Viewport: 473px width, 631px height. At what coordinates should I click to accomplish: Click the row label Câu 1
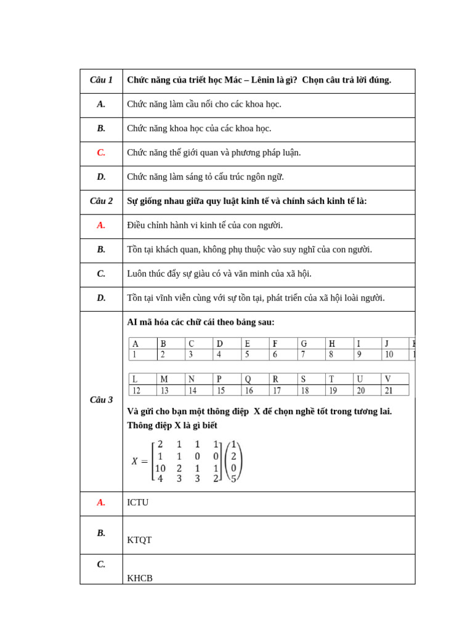coord(101,80)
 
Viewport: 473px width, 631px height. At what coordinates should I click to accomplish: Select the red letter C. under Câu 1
coord(101,153)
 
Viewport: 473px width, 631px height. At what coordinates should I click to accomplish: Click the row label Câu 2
coord(101,201)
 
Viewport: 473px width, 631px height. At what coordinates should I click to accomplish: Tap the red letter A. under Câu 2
coord(101,226)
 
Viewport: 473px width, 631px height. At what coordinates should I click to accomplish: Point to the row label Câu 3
coord(101,400)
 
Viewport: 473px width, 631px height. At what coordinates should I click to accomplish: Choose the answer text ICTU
coord(138,503)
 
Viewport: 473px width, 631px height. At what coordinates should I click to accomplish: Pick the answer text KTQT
coord(139,540)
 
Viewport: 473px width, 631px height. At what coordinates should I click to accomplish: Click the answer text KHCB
coord(140,579)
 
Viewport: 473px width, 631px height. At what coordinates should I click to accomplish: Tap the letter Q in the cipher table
coord(248,380)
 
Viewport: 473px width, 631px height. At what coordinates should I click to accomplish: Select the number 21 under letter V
coord(389,391)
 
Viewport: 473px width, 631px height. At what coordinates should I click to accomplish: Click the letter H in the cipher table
coord(331,344)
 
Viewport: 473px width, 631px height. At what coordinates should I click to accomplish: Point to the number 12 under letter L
coord(136,391)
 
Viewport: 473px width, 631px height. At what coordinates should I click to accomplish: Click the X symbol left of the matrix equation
coord(135,462)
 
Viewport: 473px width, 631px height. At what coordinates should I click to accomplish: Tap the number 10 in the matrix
coord(160,468)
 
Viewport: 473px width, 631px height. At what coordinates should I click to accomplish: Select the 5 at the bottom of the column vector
coord(233,479)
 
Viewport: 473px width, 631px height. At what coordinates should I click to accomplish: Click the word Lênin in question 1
coord(262,80)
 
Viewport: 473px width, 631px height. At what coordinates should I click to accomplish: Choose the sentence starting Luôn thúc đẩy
coord(219,274)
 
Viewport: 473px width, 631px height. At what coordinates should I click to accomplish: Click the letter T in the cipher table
coord(331,380)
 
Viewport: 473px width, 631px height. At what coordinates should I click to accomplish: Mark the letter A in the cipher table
coord(135,344)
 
